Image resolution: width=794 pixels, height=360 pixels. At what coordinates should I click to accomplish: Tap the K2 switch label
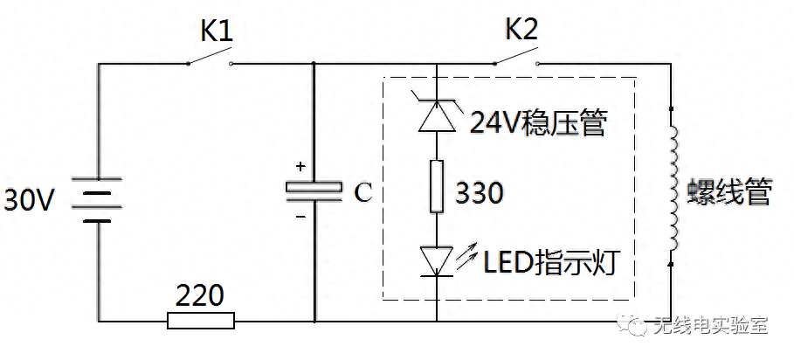[x=521, y=31]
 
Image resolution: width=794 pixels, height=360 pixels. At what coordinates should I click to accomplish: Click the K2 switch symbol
[x=514, y=60]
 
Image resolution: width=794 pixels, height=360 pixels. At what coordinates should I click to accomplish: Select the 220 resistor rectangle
[x=201, y=321]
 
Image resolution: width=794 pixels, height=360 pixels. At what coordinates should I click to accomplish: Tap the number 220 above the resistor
[x=200, y=294]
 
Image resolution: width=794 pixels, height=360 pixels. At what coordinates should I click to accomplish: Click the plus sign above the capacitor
[x=300, y=166]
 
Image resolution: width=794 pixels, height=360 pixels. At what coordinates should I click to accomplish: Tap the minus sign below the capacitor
[x=300, y=216]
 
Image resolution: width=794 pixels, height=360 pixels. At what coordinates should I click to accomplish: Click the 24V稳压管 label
[x=537, y=123]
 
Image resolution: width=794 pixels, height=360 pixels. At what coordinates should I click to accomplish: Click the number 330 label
[x=480, y=193]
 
